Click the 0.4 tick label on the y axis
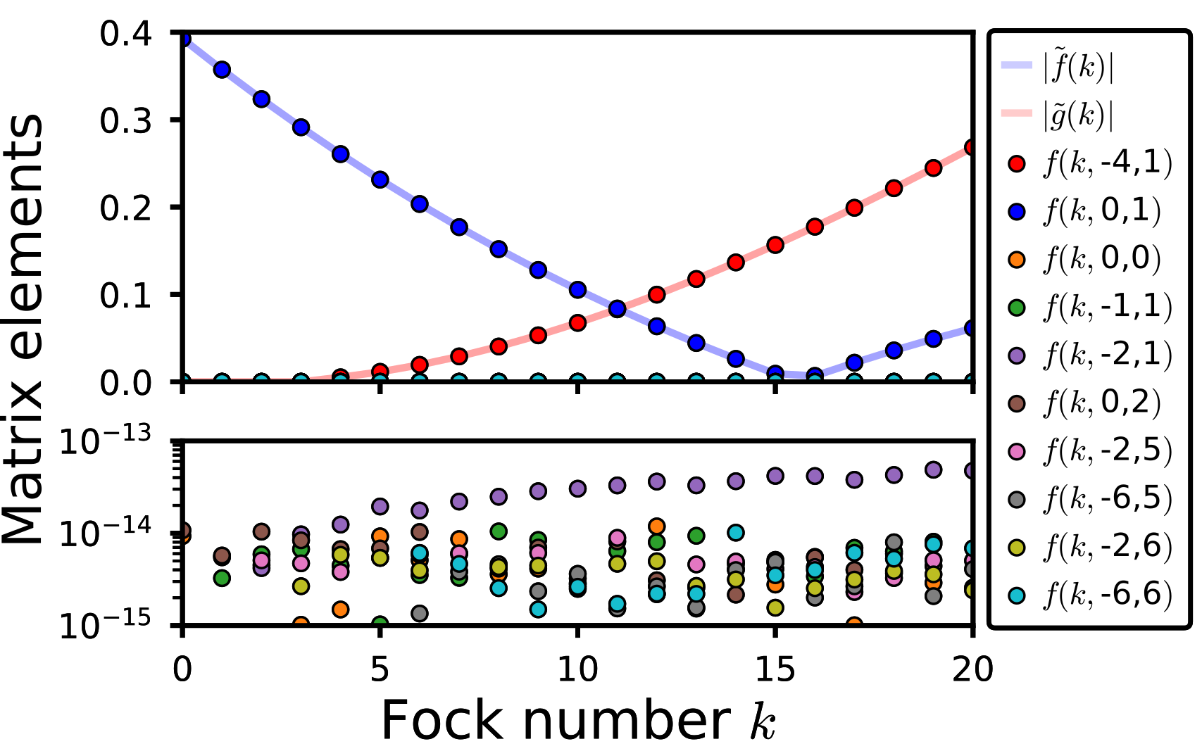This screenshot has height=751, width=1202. point(125,33)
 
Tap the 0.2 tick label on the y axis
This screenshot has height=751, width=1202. point(125,208)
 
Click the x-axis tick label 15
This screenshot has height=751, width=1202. point(775,669)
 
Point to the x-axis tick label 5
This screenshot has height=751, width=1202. point(380,669)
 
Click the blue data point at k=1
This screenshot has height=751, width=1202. point(223,69)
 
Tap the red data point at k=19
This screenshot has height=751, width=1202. point(934,168)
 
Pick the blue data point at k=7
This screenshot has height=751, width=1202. point(459,227)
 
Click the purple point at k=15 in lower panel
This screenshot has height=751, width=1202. point(775,475)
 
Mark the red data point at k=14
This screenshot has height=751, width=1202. point(736,262)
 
